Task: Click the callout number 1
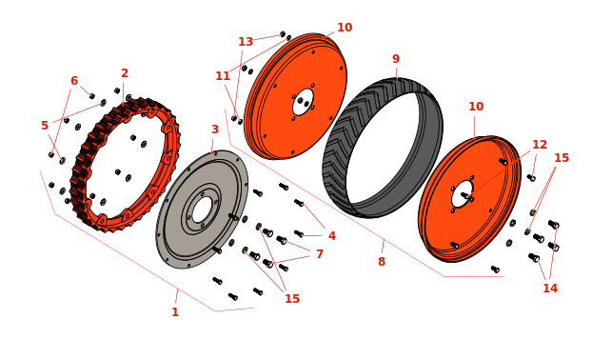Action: [x=175, y=312]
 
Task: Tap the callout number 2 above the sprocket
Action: [x=125, y=73]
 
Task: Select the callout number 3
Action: [x=215, y=130]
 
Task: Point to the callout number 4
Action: [x=332, y=236]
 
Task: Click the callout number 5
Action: [x=45, y=126]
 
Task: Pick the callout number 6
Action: [x=74, y=81]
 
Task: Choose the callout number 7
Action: [x=320, y=254]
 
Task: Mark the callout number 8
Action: [x=382, y=262]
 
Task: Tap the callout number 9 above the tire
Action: [x=396, y=59]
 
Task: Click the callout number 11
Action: [x=223, y=76]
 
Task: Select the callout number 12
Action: [x=540, y=145]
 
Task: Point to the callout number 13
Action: [x=246, y=42]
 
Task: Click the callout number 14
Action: [x=550, y=289]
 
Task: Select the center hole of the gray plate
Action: [x=202, y=210]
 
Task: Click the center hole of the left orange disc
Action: [x=304, y=102]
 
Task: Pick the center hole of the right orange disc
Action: [x=463, y=194]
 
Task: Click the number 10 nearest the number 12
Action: [x=476, y=107]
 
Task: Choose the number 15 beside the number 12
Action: [x=562, y=158]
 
